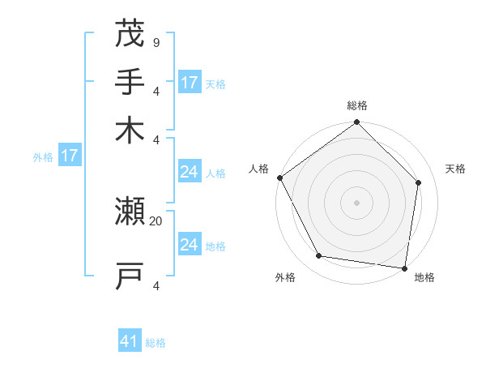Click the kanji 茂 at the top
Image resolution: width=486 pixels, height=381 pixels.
pos(130,33)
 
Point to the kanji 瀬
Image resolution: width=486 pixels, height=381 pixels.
pos(130,212)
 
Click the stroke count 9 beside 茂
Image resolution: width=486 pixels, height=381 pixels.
pos(156,42)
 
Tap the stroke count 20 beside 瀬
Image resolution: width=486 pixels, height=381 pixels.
pos(156,220)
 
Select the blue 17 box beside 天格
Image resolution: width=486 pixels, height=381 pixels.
pos(190,83)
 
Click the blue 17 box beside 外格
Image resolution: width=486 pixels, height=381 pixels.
pos(69,156)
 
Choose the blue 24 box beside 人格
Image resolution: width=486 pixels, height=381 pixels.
pos(190,172)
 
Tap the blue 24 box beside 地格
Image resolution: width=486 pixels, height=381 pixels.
pos(190,245)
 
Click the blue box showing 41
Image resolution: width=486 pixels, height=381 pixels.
pos(130,341)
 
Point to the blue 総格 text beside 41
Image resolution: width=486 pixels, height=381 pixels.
pos(156,343)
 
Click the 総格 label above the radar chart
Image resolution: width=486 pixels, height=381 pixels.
pos(357,105)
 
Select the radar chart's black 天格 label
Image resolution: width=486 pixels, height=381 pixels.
pos(456,169)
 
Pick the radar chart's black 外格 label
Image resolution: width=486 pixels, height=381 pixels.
pos(285,277)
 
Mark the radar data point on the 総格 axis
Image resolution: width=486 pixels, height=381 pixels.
pos(356,123)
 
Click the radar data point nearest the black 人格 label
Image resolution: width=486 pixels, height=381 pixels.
pos(280,178)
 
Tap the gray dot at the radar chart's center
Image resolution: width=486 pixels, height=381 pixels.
pos(356,202)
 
